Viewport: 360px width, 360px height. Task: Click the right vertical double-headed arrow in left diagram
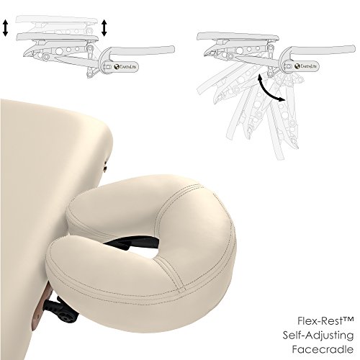(x=105, y=27)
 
